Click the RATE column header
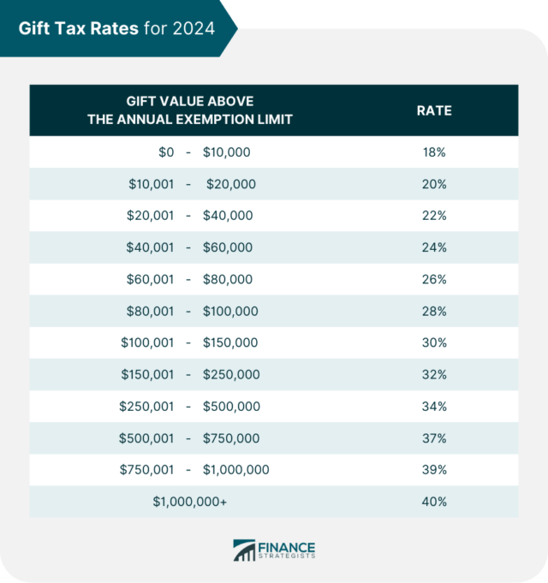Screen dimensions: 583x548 pos(433,110)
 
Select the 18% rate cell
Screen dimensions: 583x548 pos(433,152)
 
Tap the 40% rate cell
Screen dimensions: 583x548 pos(433,502)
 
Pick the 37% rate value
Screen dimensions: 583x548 pos(433,438)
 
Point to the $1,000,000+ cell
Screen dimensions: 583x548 pos(190,502)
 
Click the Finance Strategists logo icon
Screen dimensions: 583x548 pos(246,550)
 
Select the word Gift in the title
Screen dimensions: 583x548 pos(37,27)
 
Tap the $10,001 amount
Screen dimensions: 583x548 pos(151,184)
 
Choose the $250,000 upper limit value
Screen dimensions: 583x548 pos(230,375)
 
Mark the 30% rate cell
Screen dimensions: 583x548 pos(433,343)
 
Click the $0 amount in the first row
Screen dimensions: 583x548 pos(165,152)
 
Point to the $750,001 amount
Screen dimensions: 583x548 pos(146,470)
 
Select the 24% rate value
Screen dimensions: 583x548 pos(433,247)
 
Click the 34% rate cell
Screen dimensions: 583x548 pos(433,407)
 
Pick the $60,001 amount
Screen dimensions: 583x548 pos(151,279)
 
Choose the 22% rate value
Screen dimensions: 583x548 pos(433,216)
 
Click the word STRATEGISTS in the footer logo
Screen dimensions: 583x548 pos(286,557)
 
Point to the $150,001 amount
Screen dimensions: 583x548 pos(147,375)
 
